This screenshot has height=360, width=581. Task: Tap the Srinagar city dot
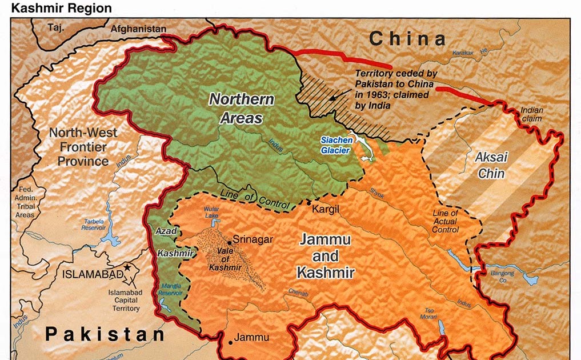click(x=230, y=241)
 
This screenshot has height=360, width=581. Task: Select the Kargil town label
click(x=326, y=210)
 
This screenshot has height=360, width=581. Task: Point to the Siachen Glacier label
click(x=336, y=145)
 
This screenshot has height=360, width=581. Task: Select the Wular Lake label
click(x=211, y=213)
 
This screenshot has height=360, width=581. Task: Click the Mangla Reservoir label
click(x=170, y=289)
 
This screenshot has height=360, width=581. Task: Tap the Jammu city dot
click(x=230, y=342)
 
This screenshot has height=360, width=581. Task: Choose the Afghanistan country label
click(x=138, y=29)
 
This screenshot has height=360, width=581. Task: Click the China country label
click(x=407, y=39)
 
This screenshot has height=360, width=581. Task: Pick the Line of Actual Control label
click(x=445, y=222)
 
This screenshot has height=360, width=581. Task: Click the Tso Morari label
click(x=430, y=314)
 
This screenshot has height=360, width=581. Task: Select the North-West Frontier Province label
click(x=83, y=147)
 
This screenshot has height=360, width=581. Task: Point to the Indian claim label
click(x=531, y=114)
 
